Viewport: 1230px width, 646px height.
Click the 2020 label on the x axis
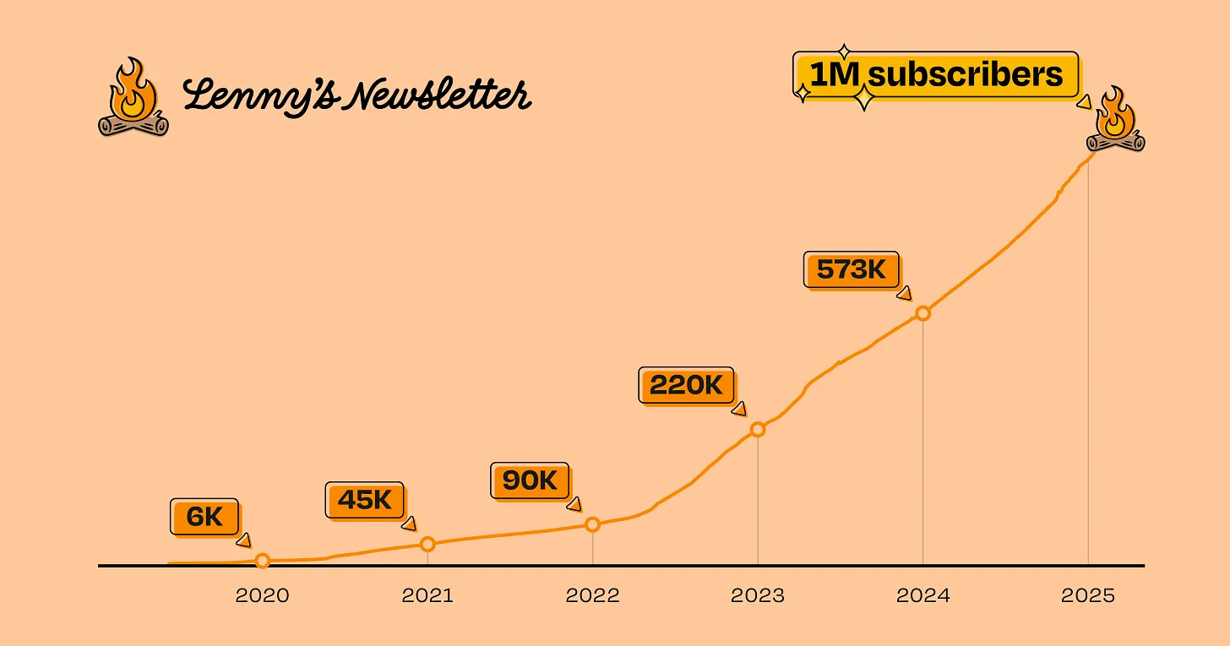click(262, 596)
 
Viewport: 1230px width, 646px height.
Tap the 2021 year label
click(427, 596)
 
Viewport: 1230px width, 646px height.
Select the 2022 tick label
click(592, 596)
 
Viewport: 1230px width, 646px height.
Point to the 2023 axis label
click(758, 596)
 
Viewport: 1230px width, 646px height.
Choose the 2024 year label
click(922, 596)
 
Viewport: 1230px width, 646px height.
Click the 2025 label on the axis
click(1088, 596)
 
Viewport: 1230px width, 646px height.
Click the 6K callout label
click(204, 517)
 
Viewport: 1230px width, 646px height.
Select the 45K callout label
click(364, 500)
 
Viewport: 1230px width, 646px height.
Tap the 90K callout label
click(530, 480)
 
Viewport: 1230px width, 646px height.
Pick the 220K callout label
click(686, 386)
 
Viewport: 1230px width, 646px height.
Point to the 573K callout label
click(851, 269)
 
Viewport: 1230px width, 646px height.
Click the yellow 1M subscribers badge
click(935, 75)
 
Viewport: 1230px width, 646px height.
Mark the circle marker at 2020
click(263, 561)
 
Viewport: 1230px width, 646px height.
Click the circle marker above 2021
click(427, 545)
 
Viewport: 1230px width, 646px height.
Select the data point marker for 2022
click(592, 524)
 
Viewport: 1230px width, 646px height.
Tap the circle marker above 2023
click(758, 430)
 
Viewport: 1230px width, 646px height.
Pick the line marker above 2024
click(922, 313)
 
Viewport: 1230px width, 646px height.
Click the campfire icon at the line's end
click(1115, 120)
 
